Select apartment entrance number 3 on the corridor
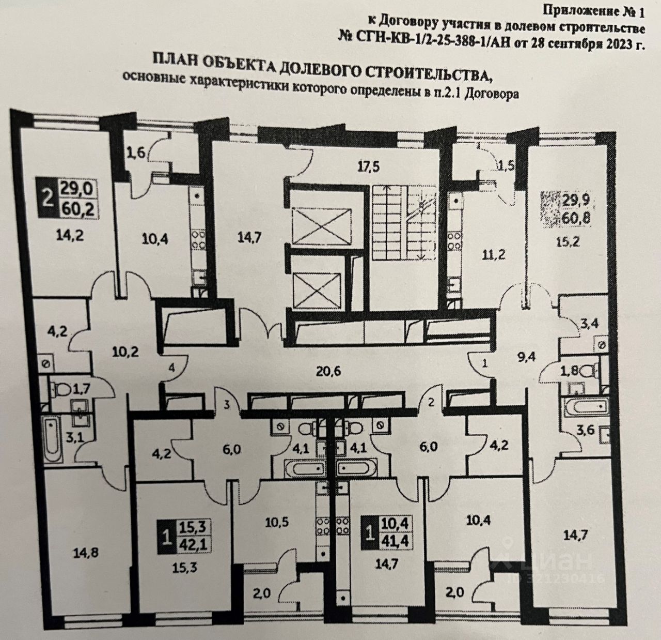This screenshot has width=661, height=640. pyautogui.click(x=226, y=405)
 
